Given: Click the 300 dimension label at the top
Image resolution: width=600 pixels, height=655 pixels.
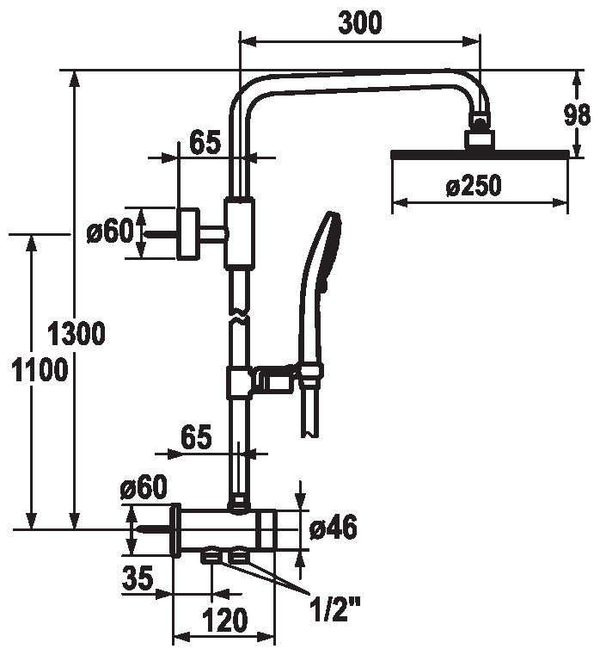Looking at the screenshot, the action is click(359, 23).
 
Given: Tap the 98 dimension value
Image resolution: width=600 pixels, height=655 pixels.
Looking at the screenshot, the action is click(577, 114).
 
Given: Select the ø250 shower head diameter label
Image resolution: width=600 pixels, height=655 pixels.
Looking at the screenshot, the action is click(473, 185).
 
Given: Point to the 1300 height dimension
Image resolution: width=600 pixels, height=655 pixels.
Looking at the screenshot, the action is click(76, 333).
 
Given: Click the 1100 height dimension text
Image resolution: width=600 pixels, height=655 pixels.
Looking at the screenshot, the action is click(40, 370).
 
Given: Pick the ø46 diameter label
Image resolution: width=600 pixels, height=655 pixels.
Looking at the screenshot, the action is click(334, 528).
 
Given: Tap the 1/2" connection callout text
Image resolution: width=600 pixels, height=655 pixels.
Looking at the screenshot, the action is click(335, 603).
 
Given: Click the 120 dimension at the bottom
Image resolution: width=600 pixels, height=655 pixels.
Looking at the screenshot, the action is click(225, 620).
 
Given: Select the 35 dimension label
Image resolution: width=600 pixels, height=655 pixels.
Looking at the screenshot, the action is click(138, 578).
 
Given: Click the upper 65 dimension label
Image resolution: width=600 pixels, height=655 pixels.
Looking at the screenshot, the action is click(205, 142).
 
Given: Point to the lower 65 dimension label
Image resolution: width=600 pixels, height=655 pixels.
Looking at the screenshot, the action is click(197, 437).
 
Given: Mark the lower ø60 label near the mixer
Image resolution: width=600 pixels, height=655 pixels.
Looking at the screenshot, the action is click(143, 486).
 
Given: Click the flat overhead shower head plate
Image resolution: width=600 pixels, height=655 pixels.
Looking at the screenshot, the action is click(480, 154).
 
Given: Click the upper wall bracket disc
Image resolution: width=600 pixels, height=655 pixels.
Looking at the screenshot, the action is click(188, 234).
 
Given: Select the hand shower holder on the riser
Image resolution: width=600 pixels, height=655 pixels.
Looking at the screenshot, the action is click(274, 380).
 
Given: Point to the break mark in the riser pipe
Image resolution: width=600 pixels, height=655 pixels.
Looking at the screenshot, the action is click(240, 315).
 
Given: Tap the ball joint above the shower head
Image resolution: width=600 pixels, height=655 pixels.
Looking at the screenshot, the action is click(480, 122).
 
